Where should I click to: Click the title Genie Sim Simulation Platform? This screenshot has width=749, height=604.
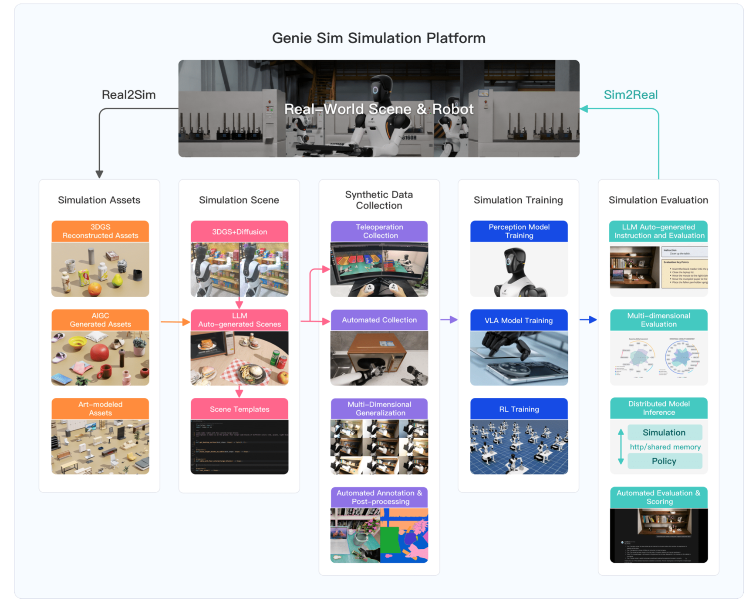click(x=378, y=38)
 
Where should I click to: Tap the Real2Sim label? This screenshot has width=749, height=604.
click(x=128, y=95)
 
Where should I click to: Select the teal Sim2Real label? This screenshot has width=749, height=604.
click(x=630, y=95)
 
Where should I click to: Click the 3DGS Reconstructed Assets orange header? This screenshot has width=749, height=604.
click(x=100, y=231)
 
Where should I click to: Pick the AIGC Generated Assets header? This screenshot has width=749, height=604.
click(x=100, y=320)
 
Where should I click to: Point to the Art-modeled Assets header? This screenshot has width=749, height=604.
click(x=100, y=409)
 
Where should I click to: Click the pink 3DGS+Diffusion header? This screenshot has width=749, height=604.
click(x=240, y=232)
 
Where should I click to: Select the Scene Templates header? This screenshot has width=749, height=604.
click(x=240, y=409)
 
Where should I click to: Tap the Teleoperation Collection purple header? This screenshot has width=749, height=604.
click(x=379, y=231)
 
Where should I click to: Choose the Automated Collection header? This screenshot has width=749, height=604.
click(x=379, y=320)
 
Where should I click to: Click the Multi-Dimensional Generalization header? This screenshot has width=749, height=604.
click(x=379, y=409)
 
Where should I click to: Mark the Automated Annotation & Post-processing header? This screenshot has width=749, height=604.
click(x=379, y=497)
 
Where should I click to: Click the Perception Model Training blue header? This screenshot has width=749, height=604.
click(x=519, y=231)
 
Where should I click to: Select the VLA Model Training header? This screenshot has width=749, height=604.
click(x=519, y=320)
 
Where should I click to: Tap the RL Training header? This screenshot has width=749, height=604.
click(x=519, y=409)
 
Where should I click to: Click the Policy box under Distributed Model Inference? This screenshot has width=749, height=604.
click(x=664, y=461)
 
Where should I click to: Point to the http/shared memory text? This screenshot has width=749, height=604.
click(x=665, y=447)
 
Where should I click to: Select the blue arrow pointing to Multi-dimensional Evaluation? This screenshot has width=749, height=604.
click(x=588, y=320)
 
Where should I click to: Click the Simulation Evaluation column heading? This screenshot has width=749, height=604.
click(x=658, y=200)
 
